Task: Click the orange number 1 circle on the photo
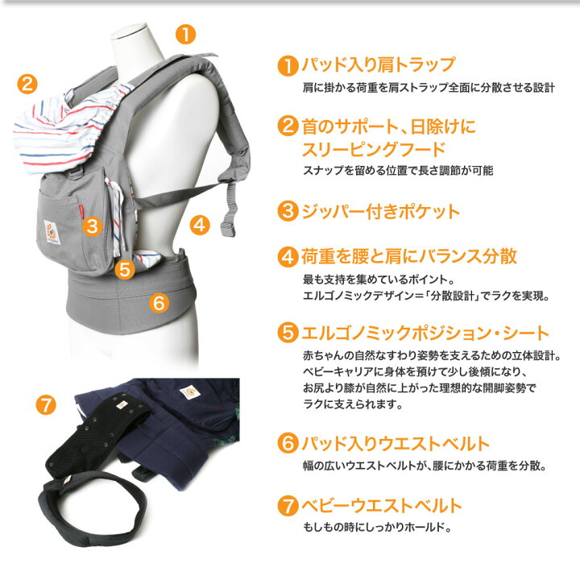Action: pyautogui.click(x=185, y=34)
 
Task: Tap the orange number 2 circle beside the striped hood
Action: pyautogui.click(x=27, y=83)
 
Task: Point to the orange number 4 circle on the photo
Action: pyautogui.click(x=201, y=223)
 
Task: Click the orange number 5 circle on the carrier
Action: pyautogui.click(x=124, y=269)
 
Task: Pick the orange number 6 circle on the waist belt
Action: pyautogui.click(x=159, y=303)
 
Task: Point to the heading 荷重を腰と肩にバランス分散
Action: pyautogui.click(x=409, y=257)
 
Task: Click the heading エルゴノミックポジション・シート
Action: pyautogui.click(x=424, y=333)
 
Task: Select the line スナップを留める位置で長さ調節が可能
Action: pyautogui.click(x=397, y=171)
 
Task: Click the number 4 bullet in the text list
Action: pyautogui.click(x=288, y=257)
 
